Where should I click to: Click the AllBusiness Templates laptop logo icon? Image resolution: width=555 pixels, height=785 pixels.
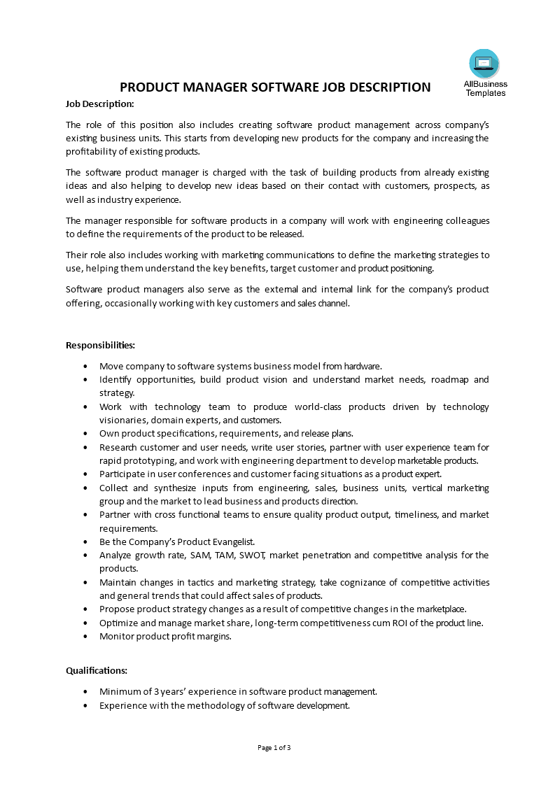(x=484, y=64)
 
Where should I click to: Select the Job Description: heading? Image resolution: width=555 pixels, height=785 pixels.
(x=99, y=104)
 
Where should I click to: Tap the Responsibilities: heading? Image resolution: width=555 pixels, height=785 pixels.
(x=100, y=345)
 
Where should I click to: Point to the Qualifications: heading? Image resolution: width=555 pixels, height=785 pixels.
(x=97, y=670)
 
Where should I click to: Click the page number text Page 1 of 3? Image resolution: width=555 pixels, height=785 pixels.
(x=274, y=747)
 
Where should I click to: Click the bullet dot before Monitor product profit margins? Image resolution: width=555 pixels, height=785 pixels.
(x=85, y=637)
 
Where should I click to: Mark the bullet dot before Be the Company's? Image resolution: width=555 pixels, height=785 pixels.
(x=85, y=542)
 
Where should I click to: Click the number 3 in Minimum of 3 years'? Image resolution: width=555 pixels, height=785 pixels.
(x=156, y=691)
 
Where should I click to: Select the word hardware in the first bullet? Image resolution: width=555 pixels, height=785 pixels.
(x=361, y=366)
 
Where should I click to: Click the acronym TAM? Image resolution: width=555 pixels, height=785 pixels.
(x=221, y=555)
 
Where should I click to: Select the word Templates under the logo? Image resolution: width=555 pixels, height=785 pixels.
(x=485, y=93)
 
